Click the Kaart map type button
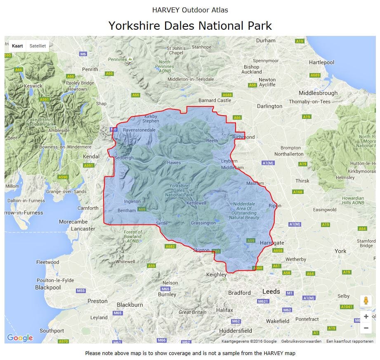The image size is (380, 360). pyautogui.click(x=17, y=46)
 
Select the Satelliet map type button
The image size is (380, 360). pyautogui.click(x=38, y=46)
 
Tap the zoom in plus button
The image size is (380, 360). pyautogui.click(x=366, y=316)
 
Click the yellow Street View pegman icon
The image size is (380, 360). pyautogui.click(x=366, y=301)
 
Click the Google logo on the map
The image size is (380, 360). pyautogui.click(x=20, y=338)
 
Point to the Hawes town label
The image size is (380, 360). pyautogui.click(x=174, y=163)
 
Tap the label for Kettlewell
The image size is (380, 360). pyautogui.click(x=196, y=204)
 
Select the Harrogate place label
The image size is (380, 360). pyautogui.click(x=272, y=243)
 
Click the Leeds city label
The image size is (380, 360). pyautogui.click(x=271, y=291)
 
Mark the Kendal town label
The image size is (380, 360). pyautogui.click(x=91, y=156)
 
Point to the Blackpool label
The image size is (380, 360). pyautogui.click(x=48, y=287)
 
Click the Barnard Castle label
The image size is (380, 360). pyautogui.click(x=215, y=100)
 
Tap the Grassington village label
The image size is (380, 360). pyautogui.click(x=203, y=223)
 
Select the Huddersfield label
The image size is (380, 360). pyautogui.click(x=236, y=331)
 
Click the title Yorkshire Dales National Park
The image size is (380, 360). pyautogui.click(x=190, y=26)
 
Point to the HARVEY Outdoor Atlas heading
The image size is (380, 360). pyautogui.click(x=190, y=10)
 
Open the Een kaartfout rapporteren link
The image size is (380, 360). pyautogui.click(x=349, y=341)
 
